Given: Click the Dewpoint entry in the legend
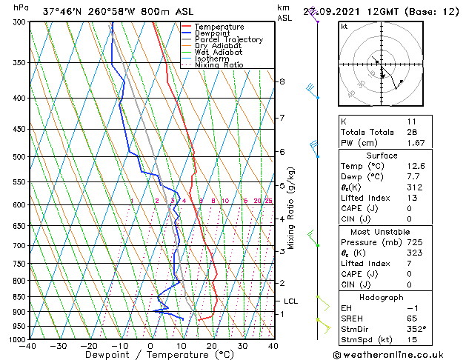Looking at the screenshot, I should point(211,33).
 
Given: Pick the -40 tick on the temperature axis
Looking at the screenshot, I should point(28,345).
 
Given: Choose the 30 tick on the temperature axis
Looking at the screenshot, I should point(243,345).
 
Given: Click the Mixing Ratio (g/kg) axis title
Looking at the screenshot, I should point(291,208).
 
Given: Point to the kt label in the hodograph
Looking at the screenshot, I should point(344,26).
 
